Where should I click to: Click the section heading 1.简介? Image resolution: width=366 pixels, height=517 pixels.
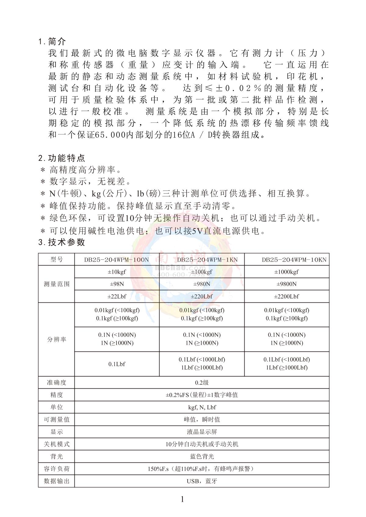(52, 41)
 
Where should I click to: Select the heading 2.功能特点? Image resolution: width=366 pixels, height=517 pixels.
(62, 158)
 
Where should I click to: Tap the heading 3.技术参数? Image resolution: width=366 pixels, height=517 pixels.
(62, 242)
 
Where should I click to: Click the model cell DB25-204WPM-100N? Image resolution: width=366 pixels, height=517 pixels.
(117, 260)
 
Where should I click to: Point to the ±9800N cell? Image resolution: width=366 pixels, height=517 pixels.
(286, 284)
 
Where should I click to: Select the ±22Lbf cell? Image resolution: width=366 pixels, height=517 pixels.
(117, 296)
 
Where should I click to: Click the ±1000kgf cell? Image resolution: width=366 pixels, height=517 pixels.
(286, 272)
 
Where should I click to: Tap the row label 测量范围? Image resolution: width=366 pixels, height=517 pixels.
(56, 284)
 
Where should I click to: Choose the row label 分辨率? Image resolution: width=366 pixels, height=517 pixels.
(56, 339)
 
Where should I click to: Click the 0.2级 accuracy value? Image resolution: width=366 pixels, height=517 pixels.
(202, 383)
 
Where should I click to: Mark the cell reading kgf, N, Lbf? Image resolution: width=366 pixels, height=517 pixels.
(202, 407)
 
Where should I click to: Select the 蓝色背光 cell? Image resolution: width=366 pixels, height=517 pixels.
(202, 456)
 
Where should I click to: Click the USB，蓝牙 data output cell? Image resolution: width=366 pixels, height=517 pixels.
(202, 481)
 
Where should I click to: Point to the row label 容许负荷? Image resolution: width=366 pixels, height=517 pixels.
(56, 469)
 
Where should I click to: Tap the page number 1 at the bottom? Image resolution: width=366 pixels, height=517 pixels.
(182, 499)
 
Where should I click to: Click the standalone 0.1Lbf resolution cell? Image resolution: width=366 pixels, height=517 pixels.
(117, 364)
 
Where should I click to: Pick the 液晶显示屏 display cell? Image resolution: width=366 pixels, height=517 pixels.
(202, 432)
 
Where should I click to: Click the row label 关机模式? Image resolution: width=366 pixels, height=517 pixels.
(56, 444)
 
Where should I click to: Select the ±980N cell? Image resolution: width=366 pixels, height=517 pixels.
(202, 284)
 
